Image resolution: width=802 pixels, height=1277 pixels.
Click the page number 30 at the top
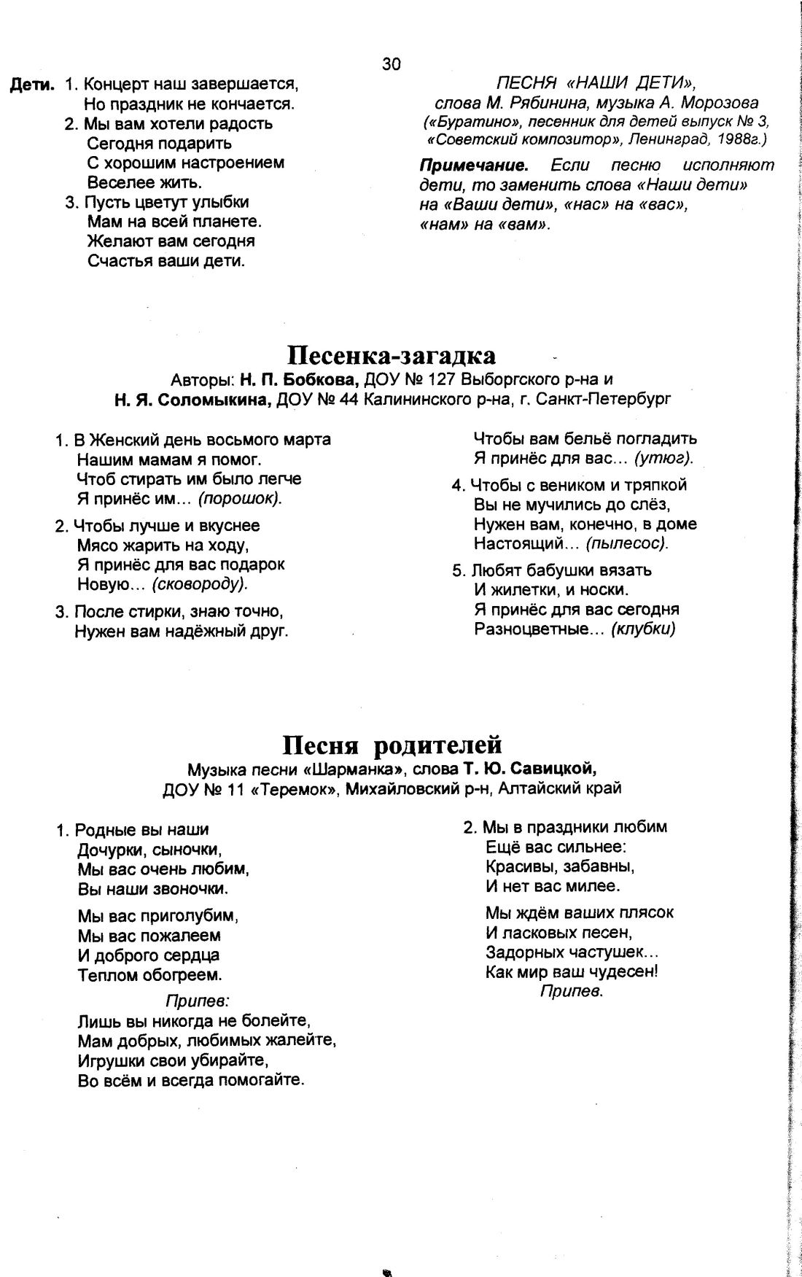point(391,65)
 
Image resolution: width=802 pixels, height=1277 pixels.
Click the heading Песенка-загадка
point(391,355)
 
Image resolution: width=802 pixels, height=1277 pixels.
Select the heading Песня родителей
point(392,745)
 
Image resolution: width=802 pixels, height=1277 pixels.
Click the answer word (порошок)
point(241,499)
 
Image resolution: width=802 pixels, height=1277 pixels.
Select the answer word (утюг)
point(663,459)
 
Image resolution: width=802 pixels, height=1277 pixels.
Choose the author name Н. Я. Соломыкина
point(193,400)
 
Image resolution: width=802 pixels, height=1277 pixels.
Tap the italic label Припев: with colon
point(188,1000)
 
